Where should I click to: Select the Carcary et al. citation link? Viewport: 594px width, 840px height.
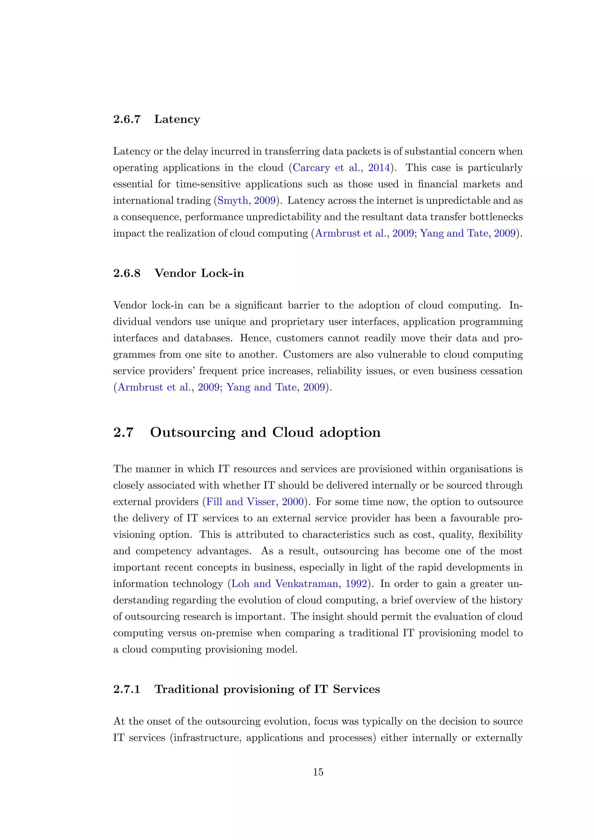coord(326,168)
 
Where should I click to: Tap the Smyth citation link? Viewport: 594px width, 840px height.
coord(233,200)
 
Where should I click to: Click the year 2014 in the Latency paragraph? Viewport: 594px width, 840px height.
coord(379,168)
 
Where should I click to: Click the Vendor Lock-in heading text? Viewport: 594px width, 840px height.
coord(199,273)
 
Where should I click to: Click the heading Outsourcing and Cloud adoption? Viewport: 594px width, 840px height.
coord(265,432)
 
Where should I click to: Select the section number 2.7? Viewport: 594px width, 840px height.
coord(123,432)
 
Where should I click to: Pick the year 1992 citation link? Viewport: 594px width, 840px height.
coord(356,584)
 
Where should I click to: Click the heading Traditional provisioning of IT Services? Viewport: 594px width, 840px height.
coord(267,689)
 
